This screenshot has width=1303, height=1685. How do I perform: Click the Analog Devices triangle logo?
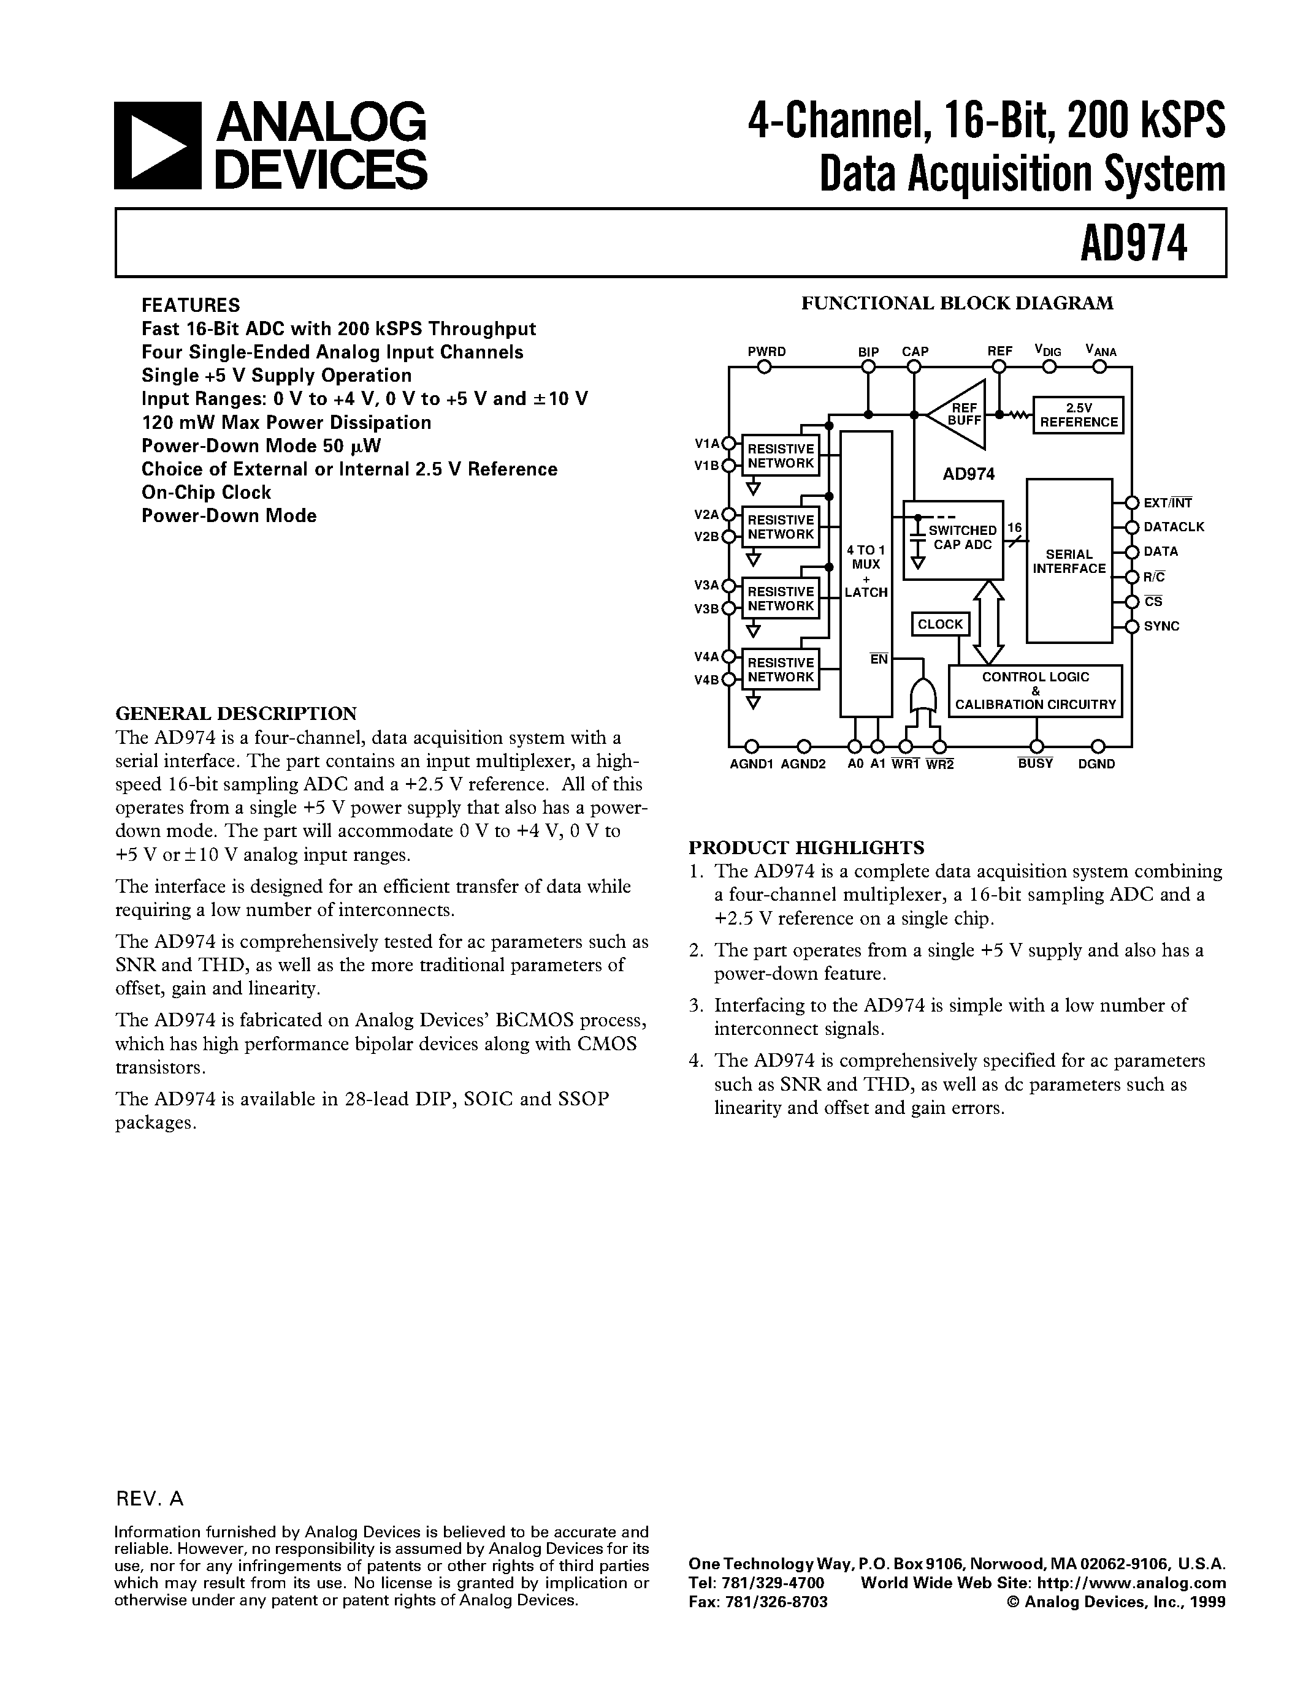[158, 146]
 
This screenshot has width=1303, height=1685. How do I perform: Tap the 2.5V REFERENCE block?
[1079, 415]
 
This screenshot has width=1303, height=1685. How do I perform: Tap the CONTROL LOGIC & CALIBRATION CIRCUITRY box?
[1035, 691]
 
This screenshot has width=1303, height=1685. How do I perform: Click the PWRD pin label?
[766, 352]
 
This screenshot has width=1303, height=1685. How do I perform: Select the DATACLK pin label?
[1174, 527]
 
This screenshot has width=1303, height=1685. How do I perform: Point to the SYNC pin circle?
[1132, 626]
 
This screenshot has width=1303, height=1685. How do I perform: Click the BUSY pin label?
[1035, 764]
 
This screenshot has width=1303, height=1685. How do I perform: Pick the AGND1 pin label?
[751, 764]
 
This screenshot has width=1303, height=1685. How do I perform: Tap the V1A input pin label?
[706, 443]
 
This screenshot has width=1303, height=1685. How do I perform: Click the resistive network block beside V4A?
[781, 670]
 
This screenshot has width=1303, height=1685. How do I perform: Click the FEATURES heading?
[191, 305]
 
